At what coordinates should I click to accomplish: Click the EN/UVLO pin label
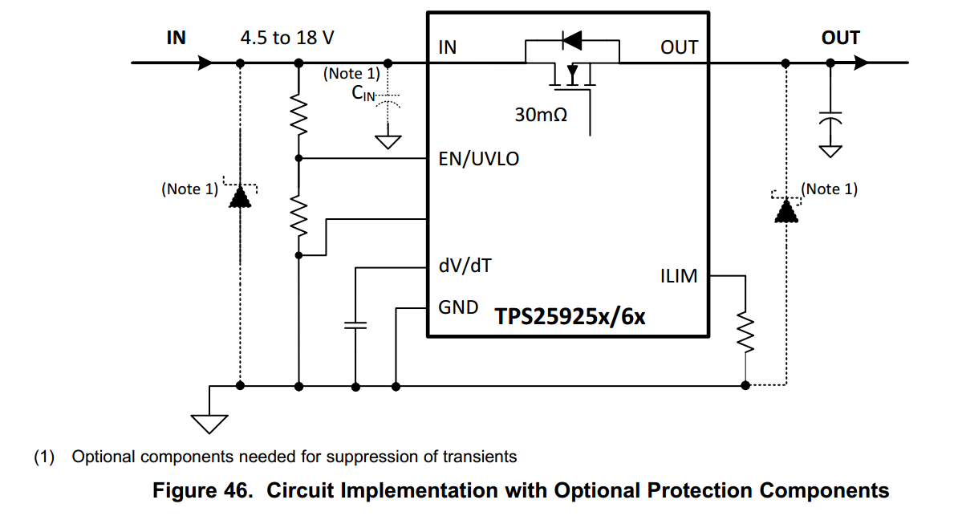(478, 159)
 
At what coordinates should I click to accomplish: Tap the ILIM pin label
(678, 277)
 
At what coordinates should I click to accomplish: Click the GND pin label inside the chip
(458, 307)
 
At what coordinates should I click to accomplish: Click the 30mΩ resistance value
(541, 115)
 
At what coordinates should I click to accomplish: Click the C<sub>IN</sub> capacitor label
(363, 93)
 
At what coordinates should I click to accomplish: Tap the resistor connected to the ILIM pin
(745, 332)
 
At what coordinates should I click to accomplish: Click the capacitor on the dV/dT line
(355, 325)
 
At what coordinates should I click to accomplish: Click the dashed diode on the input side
(239, 197)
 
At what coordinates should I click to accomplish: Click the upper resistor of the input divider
(298, 117)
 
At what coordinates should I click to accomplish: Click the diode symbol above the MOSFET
(571, 39)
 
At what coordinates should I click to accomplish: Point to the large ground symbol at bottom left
(209, 421)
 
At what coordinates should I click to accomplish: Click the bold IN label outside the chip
(176, 38)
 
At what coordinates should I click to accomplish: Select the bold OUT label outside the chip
(840, 38)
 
